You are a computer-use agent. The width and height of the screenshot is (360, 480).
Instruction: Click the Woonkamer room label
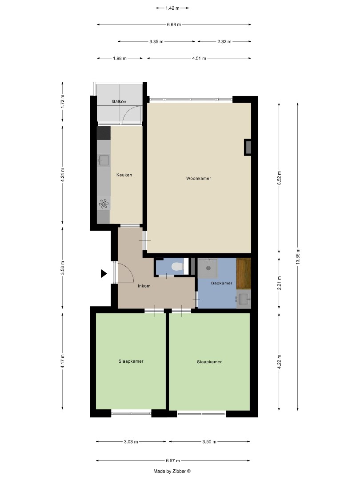click(x=198, y=178)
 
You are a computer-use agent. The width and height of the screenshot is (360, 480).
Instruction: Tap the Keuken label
click(x=124, y=175)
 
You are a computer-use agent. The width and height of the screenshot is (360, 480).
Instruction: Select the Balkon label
click(x=119, y=102)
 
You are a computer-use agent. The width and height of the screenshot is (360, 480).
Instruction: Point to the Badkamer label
click(x=221, y=283)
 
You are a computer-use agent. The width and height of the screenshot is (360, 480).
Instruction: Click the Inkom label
click(x=144, y=286)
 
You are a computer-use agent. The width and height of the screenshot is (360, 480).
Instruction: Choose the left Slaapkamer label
click(x=131, y=361)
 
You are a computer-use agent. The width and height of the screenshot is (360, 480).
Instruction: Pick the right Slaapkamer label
click(x=209, y=362)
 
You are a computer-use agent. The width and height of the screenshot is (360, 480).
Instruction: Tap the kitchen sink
click(x=104, y=160)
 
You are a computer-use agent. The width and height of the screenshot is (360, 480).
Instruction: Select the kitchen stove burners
click(x=104, y=204)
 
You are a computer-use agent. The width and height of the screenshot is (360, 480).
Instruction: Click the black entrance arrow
click(x=104, y=274)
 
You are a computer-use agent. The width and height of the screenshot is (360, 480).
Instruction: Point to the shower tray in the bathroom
click(x=208, y=268)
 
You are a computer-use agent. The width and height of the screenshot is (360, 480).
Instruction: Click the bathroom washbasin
click(x=244, y=299)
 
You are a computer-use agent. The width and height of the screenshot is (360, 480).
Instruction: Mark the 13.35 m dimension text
click(x=297, y=256)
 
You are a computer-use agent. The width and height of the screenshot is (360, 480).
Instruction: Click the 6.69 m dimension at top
click(x=174, y=25)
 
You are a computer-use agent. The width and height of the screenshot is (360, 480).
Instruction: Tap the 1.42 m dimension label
click(x=172, y=8)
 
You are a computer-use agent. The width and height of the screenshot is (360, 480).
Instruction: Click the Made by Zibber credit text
click(x=172, y=471)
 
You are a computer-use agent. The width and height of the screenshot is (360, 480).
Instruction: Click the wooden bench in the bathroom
click(x=244, y=273)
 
